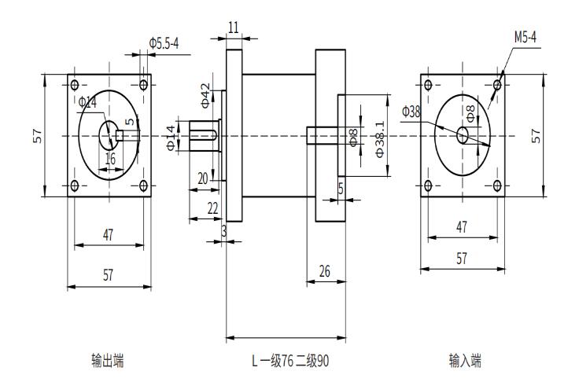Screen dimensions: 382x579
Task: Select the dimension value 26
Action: pyautogui.click(x=325, y=270)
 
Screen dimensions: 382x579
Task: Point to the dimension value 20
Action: pyautogui.click(x=203, y=179)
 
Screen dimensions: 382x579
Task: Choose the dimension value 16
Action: pyautogui.click(x=110, y=158)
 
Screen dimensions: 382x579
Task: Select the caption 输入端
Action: pyautogui.click(x=465, y=361)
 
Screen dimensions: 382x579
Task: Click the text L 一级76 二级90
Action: pyautogui.click(x=289, y=361)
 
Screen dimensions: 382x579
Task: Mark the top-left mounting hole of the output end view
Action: pyautogui.click(x=75, y=85)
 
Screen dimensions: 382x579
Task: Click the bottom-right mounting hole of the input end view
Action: pyautogui.click(x=497, y=186)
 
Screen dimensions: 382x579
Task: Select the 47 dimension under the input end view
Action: pyautogui.click(x=462, y=227)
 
